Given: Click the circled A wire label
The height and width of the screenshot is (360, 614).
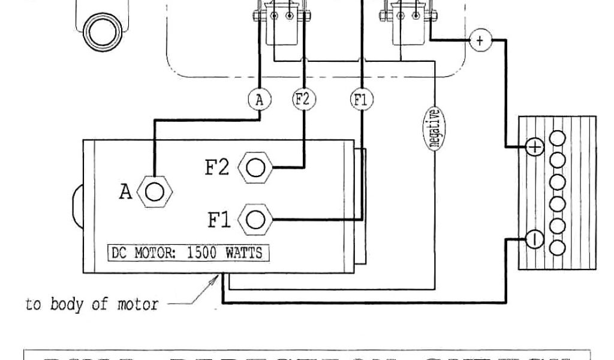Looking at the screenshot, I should [259, 100].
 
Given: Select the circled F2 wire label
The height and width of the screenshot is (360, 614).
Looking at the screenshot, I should [303, 99].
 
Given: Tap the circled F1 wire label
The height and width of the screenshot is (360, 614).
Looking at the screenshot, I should [360, 100].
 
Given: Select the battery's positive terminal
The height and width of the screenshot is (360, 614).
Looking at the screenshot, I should [535, 147].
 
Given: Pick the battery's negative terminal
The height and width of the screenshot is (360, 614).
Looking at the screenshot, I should [535, 239].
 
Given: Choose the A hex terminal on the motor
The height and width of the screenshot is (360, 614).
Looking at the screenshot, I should [155, 192].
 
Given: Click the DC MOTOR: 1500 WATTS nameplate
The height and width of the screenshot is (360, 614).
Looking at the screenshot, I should [188, 253].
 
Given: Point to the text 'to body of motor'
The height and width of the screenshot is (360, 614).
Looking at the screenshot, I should [92, 304].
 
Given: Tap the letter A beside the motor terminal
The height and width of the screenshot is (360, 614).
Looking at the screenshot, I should [125, 193].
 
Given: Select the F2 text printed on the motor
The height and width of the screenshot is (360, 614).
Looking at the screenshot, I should [217, 167].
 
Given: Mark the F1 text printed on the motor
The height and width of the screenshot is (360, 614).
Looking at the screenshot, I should [219, 220].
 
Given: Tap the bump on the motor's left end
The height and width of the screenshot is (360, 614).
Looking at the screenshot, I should [77, 204].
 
